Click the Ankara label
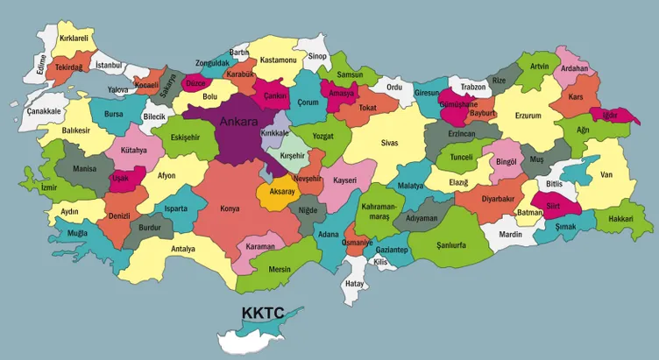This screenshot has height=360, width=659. (239, 122)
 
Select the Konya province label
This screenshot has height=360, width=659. (230, 209)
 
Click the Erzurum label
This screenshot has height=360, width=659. (528, 115)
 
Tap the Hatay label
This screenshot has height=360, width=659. (354, 284)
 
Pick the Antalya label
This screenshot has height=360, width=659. (183, 249)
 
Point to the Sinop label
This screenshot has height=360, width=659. (317, 57)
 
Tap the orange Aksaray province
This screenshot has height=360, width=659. (281, 193)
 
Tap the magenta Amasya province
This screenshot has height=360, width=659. (340, 92)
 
